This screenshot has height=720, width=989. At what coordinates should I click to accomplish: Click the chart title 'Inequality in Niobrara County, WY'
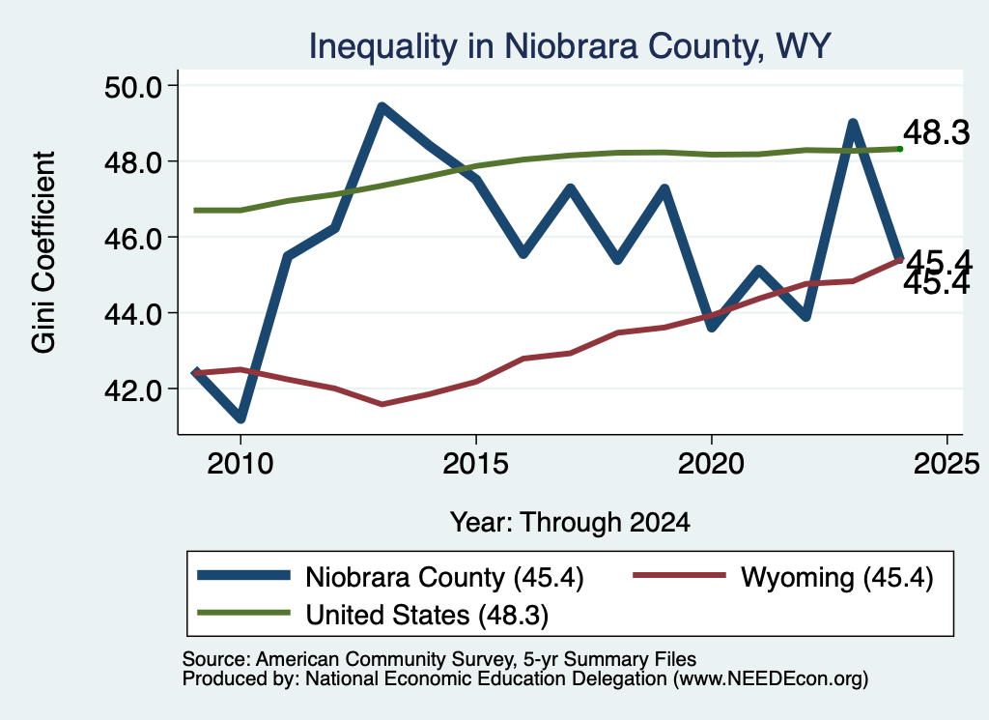point(570,47)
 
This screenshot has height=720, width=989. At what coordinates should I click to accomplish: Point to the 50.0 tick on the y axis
point(133,86)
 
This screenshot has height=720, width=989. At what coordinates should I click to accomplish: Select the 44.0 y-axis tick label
point(133,314)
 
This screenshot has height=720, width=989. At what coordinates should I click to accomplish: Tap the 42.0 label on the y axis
point(133,389)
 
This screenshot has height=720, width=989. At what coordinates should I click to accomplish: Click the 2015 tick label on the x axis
point(475,465)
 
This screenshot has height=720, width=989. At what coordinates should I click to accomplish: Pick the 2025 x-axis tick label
point(947,465)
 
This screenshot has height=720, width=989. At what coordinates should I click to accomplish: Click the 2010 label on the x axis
point(240,465)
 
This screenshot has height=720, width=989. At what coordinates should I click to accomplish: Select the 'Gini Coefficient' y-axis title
point(43,252)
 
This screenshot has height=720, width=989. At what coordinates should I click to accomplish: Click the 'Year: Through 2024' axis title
point(570,523)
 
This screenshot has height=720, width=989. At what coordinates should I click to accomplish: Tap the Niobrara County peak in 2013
point(381,107)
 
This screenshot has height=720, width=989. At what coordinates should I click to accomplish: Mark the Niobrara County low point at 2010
point(240,418)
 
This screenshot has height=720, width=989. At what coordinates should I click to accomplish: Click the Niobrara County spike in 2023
point(853,124)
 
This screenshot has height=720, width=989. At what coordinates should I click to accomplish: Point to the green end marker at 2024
point(900,149)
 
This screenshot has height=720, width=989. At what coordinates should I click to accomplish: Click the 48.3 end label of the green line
point(937,133)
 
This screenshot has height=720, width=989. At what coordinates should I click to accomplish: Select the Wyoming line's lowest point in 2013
point(381,404)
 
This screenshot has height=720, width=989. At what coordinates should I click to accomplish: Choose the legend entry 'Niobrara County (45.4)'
point(391,577)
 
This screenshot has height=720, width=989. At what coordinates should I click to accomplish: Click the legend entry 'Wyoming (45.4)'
point(782,577)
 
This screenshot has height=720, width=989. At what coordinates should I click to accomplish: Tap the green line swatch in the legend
point(243,613)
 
